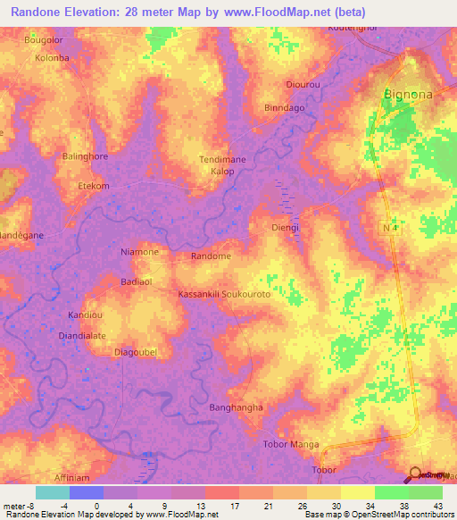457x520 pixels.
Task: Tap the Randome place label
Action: [212, 256]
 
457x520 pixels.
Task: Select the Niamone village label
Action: [139, 252]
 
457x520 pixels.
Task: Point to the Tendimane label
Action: [220, 159]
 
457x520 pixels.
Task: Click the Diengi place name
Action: [285, 228]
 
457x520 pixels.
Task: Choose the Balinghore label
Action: [85, 156]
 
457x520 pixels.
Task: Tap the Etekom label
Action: [94, 186]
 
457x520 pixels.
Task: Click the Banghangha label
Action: [236, 407]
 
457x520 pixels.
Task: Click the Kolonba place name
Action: [52, 57]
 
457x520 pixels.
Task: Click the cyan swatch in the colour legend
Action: [52, 492]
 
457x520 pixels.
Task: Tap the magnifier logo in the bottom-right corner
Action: [414, 474]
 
